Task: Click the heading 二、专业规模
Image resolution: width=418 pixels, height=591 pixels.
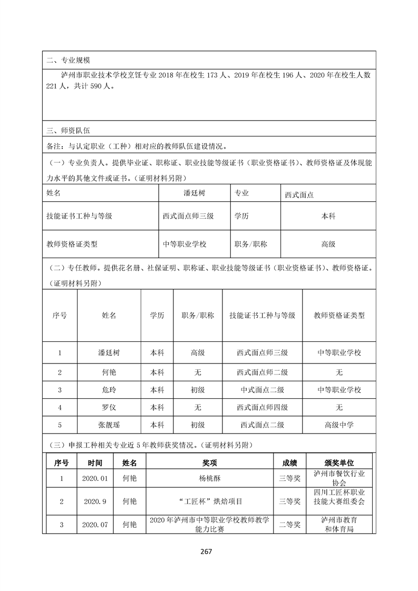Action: click(x=69, y=60)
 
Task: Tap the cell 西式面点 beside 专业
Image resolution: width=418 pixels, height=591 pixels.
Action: click(x=299, y=194)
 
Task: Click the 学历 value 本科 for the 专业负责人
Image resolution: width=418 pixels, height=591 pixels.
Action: click(x=328, y=216)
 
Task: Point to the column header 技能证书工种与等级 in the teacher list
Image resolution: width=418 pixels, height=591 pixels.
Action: click(x=262, y=316)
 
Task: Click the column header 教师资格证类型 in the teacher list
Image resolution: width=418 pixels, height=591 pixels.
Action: click(x=339, y=316)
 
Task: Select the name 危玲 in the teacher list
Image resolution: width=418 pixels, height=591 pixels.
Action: click(x=109, y=390)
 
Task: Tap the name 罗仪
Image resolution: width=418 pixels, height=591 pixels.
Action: click(x=109, y=407)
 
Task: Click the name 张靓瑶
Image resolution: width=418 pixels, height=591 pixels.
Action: click(x=109, y=425)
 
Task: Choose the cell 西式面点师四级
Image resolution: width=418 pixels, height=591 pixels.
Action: click(x=262, y=407)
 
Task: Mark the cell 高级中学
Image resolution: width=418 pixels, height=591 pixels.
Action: click(x=339, y=425)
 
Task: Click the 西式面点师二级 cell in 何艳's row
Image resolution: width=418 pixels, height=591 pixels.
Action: click(x=262, y=372)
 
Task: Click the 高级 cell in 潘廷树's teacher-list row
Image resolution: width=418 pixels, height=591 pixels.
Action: click(x=198, y=352)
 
